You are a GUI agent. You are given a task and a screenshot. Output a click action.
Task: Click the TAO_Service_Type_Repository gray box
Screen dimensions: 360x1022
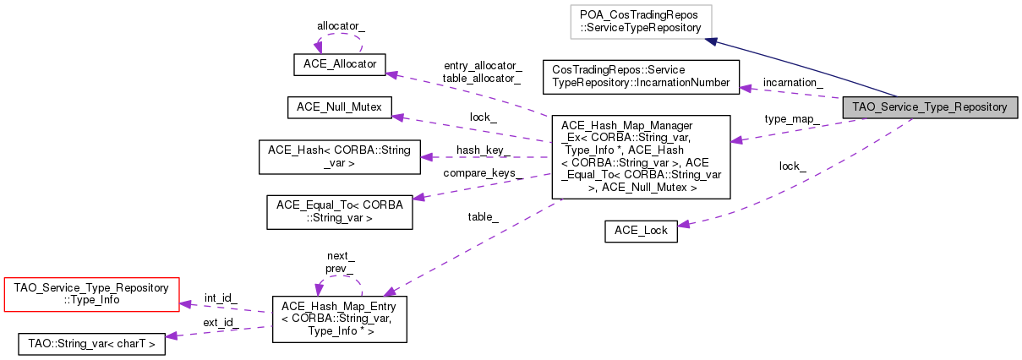point(929,107)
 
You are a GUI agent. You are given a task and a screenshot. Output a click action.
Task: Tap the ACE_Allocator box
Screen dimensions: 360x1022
point(339,63)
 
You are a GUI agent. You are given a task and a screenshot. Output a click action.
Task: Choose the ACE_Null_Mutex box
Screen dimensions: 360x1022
point(339,107)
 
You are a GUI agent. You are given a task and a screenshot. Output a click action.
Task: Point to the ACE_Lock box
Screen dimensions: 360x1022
point(641,232)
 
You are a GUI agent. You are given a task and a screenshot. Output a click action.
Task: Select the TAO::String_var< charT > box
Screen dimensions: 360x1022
point(91,344)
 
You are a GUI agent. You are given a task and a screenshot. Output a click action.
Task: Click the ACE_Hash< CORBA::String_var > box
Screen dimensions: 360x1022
point(339,157)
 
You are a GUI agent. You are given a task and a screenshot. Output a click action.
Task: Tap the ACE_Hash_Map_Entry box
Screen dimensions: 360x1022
point(339,319)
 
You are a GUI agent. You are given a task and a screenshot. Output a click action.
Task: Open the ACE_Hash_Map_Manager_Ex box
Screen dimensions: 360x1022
point(640,157)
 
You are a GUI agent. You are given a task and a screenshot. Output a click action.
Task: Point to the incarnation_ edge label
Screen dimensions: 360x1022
point(792,82)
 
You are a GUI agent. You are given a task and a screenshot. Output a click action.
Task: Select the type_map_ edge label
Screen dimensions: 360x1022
point(790,119)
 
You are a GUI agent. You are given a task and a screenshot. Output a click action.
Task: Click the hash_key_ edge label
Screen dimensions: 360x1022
point(483,150)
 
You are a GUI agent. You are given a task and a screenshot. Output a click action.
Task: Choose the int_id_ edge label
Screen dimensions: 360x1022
point(221,297)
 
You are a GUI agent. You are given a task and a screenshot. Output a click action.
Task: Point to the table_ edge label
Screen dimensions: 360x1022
point(483,216)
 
